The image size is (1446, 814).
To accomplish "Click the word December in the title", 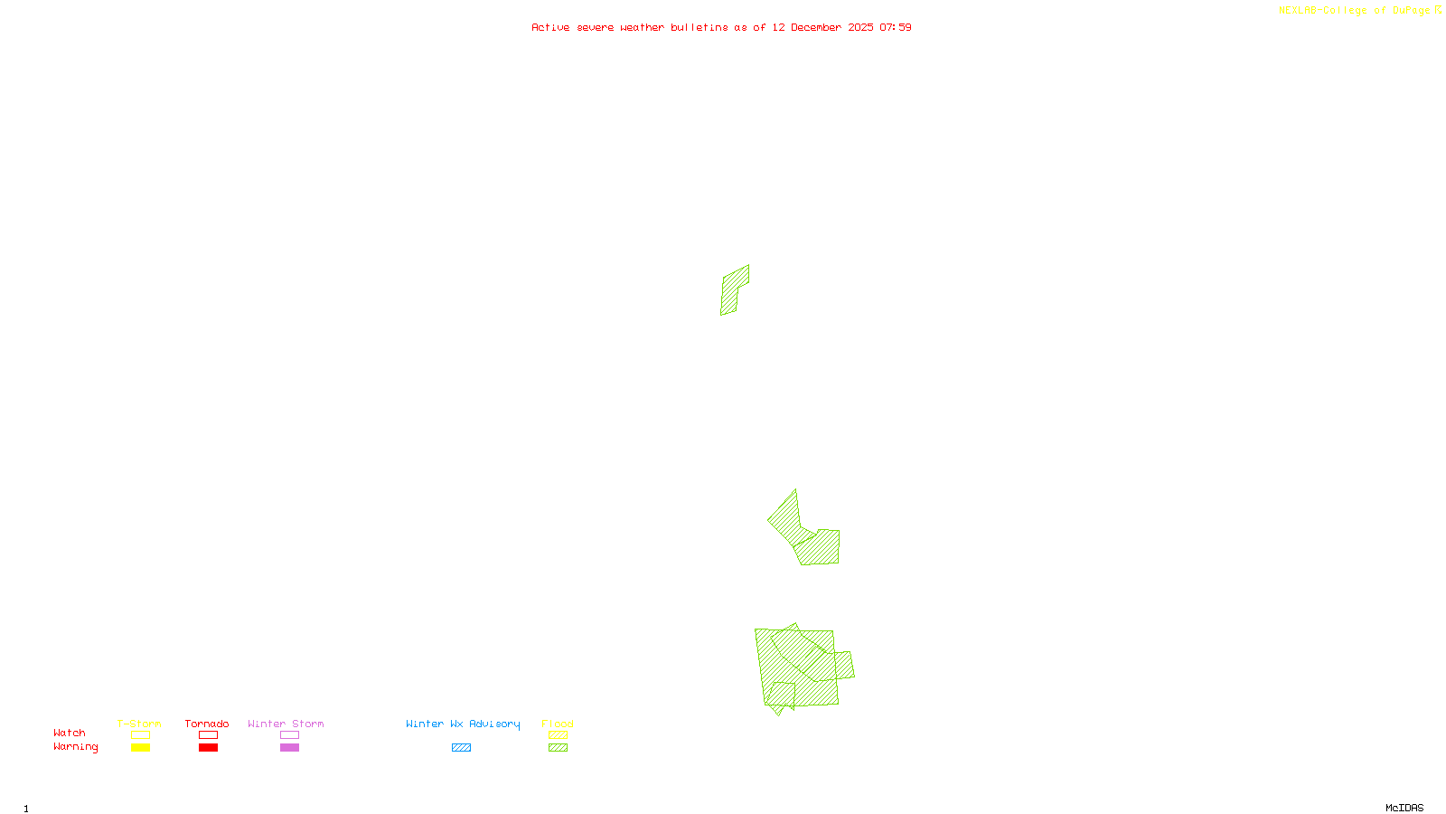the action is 816,27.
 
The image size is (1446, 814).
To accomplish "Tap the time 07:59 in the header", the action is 896,27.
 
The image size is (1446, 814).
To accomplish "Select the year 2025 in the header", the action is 860,27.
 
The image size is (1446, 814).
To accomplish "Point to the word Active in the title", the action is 550,27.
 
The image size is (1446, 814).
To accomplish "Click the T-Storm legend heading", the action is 139,724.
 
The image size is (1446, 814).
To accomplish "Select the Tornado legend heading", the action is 207,724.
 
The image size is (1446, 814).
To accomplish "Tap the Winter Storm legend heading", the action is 286,724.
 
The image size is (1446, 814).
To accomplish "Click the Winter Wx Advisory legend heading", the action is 463,724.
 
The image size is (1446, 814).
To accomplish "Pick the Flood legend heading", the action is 558,724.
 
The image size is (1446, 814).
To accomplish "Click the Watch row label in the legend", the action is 70,734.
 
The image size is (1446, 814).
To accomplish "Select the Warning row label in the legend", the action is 76,747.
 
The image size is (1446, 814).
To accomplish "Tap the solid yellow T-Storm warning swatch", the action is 140,748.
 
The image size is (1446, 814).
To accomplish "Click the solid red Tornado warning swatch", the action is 209,748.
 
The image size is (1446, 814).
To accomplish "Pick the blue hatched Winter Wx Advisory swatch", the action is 461,748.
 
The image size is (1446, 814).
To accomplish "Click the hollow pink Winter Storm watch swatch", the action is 289,735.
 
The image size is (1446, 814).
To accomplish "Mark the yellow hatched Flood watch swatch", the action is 558,735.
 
